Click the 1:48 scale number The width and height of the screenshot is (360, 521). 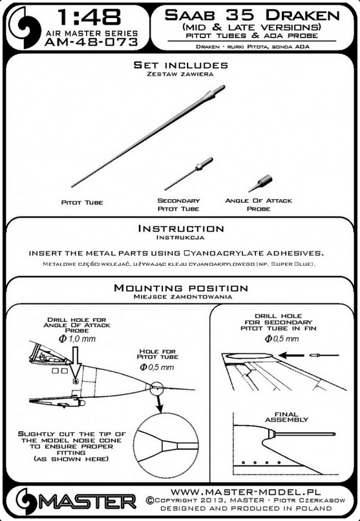(89, 17)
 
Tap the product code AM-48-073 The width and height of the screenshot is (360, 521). (91, 42)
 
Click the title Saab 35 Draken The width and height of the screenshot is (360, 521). (252, 15)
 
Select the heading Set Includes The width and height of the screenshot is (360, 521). (181, 65)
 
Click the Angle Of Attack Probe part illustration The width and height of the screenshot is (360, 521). (260, 184)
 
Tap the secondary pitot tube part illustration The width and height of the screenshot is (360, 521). (189, 174)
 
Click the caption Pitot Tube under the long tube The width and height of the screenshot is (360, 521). (82, 202)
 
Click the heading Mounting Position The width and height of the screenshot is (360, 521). (181, 288)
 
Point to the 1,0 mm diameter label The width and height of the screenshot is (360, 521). (77, 339)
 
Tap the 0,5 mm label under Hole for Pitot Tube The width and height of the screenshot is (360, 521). (157, 367)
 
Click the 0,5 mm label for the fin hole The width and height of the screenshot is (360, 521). (282, 339)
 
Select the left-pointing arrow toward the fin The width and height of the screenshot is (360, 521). (291, 356)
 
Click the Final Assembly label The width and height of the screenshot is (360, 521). (286, 417)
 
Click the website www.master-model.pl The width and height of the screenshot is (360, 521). (246, 492)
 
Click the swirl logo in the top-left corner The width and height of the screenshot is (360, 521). (24, 28)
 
